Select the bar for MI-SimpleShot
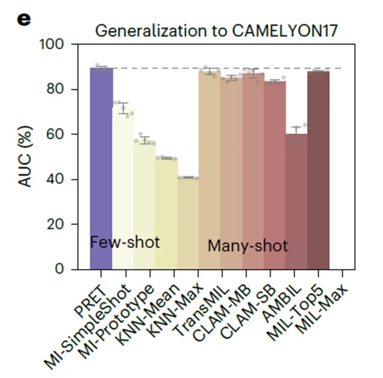(123, 188)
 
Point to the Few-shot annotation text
(125, 242)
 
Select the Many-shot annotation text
(247, 246)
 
